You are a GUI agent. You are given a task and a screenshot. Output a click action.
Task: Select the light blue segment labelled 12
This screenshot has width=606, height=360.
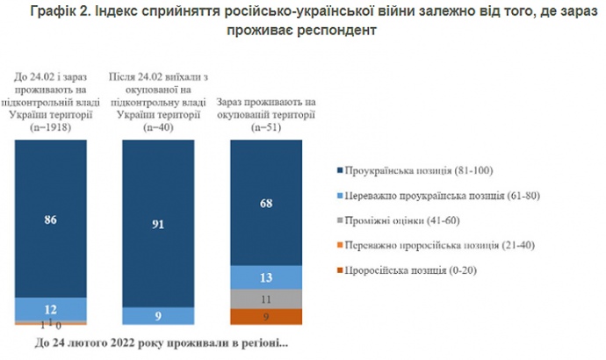pos(51,309)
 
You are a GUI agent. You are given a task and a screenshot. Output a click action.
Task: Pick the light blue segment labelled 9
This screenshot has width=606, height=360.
pos(158,316)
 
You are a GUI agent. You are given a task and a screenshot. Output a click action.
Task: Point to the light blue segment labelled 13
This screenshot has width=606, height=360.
pos(265,277)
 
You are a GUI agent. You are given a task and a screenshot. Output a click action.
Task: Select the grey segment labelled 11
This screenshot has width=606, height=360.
pos(265,299)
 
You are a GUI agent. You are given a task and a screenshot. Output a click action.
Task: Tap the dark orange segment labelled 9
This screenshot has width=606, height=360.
pos(265,317)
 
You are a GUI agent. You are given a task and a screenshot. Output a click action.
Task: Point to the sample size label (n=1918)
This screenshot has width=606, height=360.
pos(51,128)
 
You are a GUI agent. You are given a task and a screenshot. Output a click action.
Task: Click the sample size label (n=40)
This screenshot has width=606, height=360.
pos(158,128)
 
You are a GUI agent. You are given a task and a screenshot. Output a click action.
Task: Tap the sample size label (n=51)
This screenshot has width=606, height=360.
pos(265,128)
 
